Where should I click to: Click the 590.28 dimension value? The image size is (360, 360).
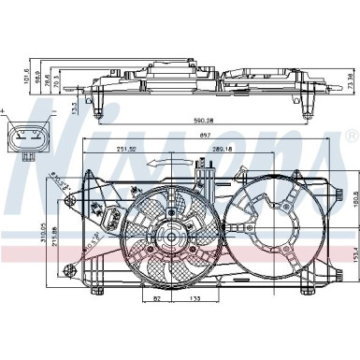tap(202, 120)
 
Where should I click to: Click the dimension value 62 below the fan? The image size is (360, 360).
tap(156, 298)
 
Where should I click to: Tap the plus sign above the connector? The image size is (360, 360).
tap(6, 110)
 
